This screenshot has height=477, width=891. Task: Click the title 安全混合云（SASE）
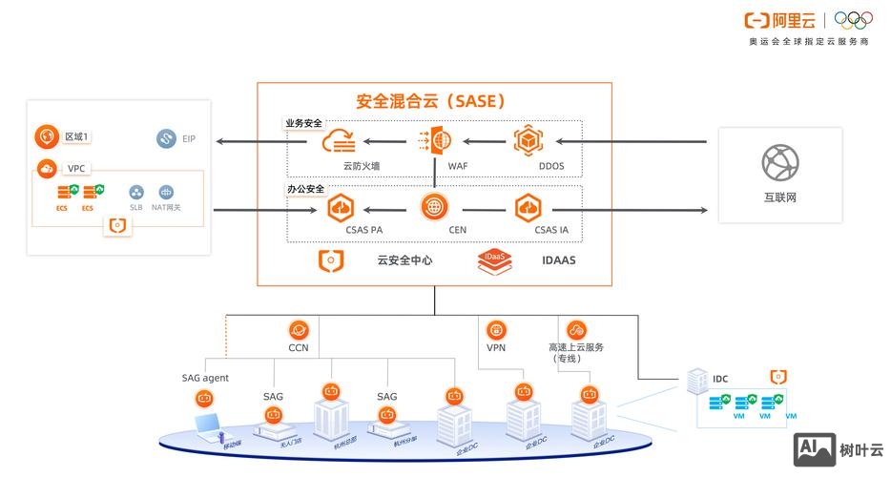[430, 101]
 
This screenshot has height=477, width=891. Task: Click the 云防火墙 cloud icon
[340, 142]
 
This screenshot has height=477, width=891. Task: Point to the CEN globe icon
[434, 206]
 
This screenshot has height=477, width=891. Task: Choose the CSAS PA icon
[341, 207]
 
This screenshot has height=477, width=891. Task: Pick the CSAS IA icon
[528, 207]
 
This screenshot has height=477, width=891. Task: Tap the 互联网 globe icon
[779, 163]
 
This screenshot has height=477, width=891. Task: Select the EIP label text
[189, 139]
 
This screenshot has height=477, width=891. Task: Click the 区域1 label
[76, 137]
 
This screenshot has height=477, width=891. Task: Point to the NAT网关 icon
[166, 193]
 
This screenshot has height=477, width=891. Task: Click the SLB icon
[136, 193]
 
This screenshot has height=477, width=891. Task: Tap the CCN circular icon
[299, 330]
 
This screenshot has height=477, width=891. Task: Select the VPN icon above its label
[496, 330]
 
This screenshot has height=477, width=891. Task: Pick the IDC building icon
[695, 381]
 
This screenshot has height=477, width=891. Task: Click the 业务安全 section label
[304, 123]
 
